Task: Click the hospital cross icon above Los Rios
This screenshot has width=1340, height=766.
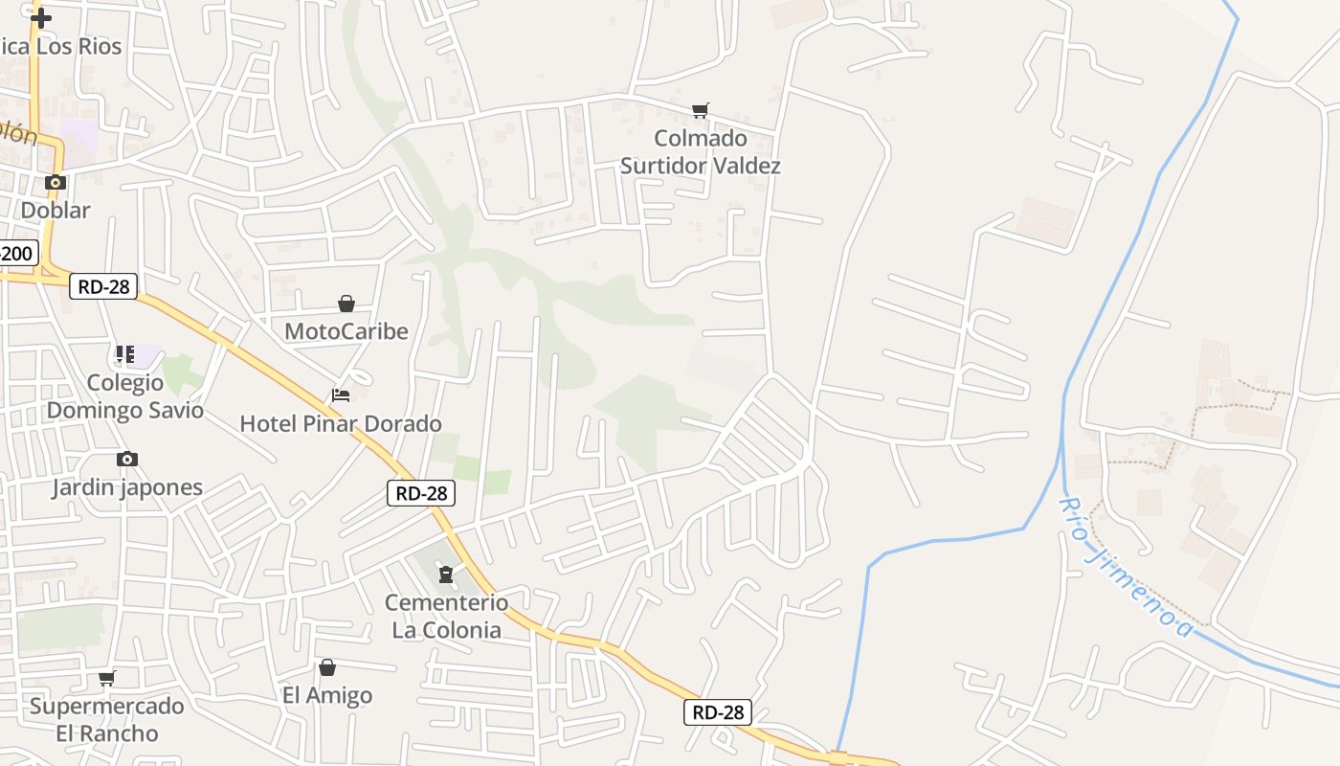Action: coord(40,17)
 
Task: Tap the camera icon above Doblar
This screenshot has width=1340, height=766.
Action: coord(56,182)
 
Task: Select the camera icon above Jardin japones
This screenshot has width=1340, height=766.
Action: coord(126,460)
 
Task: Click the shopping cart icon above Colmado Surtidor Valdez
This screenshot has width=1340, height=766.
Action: coord(701,111)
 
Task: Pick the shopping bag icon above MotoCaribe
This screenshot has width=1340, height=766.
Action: coord(346,304)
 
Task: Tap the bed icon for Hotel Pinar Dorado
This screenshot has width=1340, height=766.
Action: coord(341,394)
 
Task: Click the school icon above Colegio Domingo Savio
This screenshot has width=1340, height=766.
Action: coord(124,355)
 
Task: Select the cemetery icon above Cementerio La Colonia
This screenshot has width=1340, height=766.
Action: coord(445,574)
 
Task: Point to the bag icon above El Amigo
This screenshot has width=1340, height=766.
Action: coord(327,667)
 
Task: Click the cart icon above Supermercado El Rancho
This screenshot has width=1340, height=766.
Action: coord(106,679)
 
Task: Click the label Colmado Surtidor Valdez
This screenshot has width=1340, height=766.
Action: coord(701,152)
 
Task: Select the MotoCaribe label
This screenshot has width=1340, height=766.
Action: coord(346,331)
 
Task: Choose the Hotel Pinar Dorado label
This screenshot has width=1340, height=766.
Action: coord(341,423)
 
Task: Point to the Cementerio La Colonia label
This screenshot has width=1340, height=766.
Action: coord(446,616)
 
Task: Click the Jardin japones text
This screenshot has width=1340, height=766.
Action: coord(127,487)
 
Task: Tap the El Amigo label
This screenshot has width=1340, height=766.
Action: coord(327,695)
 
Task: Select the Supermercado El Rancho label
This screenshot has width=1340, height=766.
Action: coord(106,720)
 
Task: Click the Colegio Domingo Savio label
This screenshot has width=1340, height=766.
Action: coord(125,396)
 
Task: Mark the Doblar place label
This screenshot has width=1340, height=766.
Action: coord(56,211)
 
